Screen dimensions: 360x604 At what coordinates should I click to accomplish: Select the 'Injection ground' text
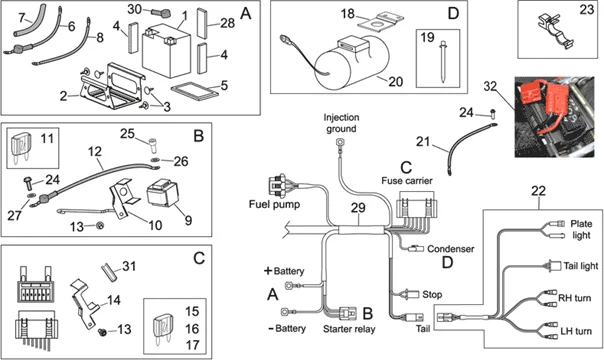click(341, 122)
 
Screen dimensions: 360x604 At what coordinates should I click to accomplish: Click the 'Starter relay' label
click(350, 328)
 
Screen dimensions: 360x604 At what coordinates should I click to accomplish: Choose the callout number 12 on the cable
click(94, 152)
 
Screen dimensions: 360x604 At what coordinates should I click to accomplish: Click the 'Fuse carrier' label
click(407, 180)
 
